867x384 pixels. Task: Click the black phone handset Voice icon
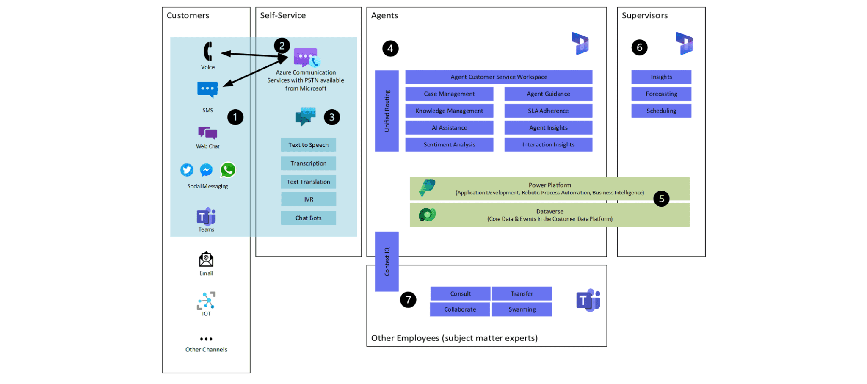207,52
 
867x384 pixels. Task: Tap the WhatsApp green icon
228,170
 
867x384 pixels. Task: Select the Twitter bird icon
187,170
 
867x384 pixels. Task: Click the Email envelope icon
206,260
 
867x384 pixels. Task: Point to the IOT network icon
206,301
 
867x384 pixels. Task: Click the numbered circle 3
332,117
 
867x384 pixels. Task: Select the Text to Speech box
308,145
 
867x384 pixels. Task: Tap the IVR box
308,199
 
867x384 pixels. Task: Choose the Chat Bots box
308,218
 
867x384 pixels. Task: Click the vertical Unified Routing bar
387,111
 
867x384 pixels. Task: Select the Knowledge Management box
449,111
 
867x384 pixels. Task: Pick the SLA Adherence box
548,111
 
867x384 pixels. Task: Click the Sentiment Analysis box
449,145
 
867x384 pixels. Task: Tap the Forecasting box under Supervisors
661,94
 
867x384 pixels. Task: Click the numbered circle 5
661,199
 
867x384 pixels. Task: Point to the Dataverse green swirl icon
427,215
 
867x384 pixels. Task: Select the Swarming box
522,309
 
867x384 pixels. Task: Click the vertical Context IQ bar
387,262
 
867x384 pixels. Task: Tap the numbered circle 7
408,300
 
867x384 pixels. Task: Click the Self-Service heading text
283,16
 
